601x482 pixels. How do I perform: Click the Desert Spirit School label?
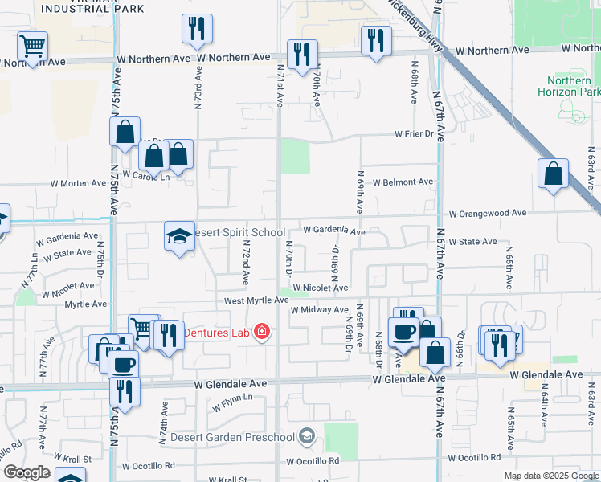(x=240, y=231)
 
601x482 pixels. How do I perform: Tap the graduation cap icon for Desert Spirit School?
(x=180, y=235)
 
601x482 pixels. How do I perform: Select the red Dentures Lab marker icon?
(x=261, y=331)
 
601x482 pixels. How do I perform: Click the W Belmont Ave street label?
(x=403, y=182)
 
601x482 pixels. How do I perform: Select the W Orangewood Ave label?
(x=488, y=214)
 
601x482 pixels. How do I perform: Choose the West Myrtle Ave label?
(x=256, y=300)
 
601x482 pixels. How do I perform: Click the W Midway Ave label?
(x=320, y=310)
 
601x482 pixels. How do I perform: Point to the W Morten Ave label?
(x=76, y=183)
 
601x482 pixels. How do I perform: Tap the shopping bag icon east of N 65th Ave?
(x=553, y=174)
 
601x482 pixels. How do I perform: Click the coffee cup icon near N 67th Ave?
(x=403, y=332)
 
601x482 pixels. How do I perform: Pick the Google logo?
(x=27, y=472)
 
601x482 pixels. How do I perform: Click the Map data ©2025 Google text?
(x=550, y=476)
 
